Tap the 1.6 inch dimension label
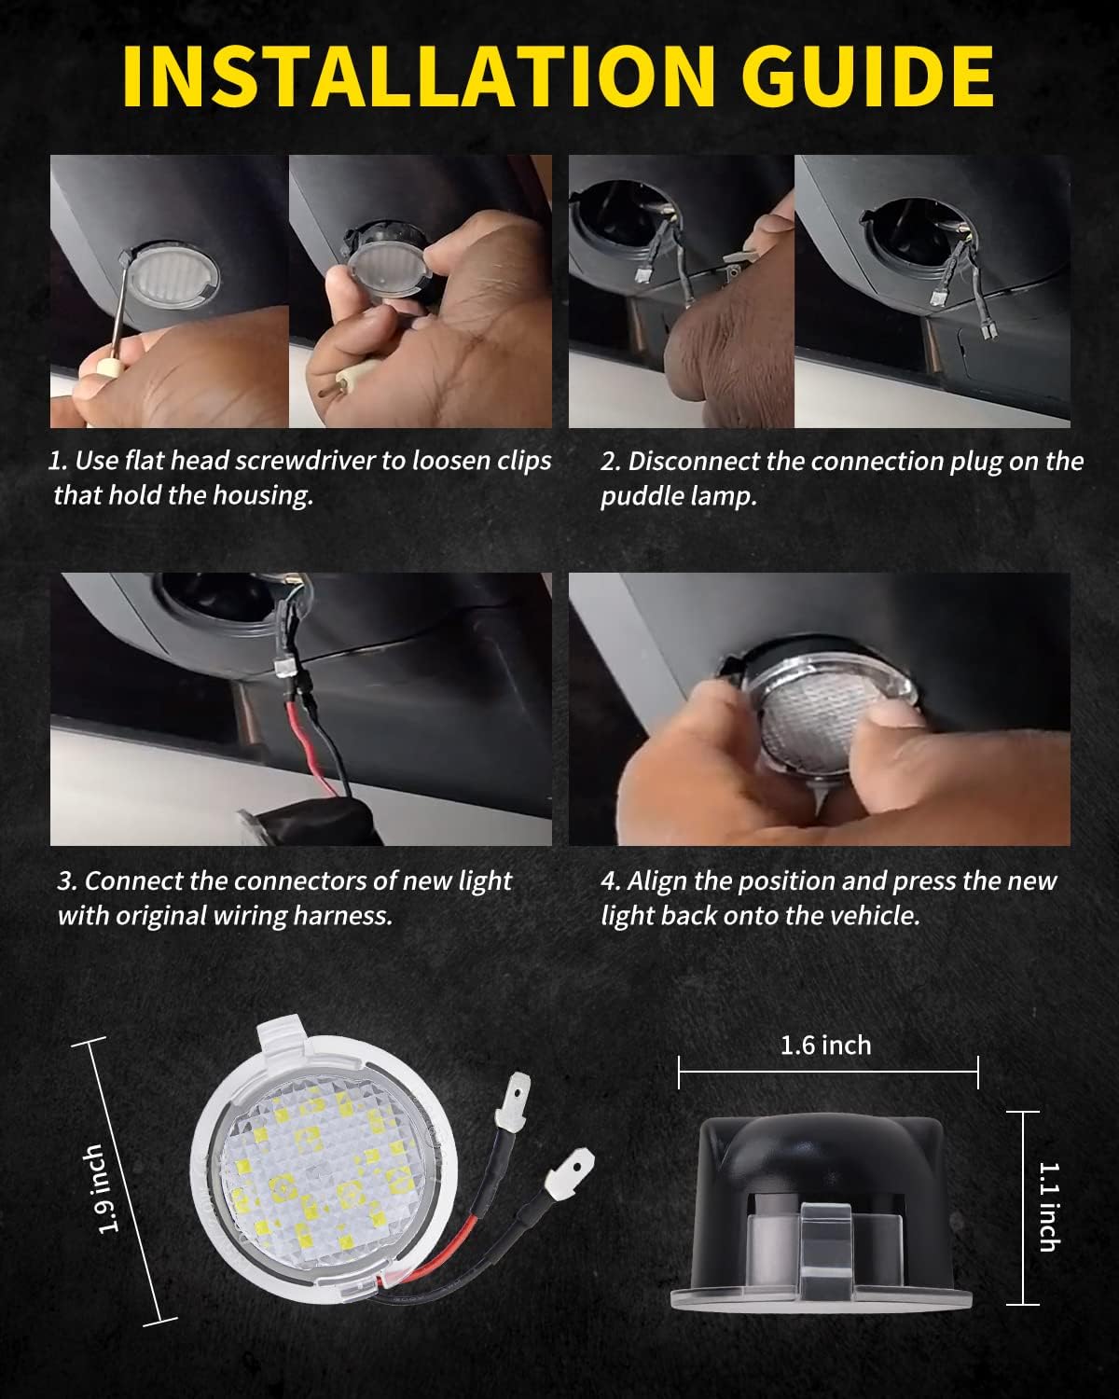(x=825, y=1045)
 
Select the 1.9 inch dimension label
(x=110, y=1189)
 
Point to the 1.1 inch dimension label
(x=1048, y=1206)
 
